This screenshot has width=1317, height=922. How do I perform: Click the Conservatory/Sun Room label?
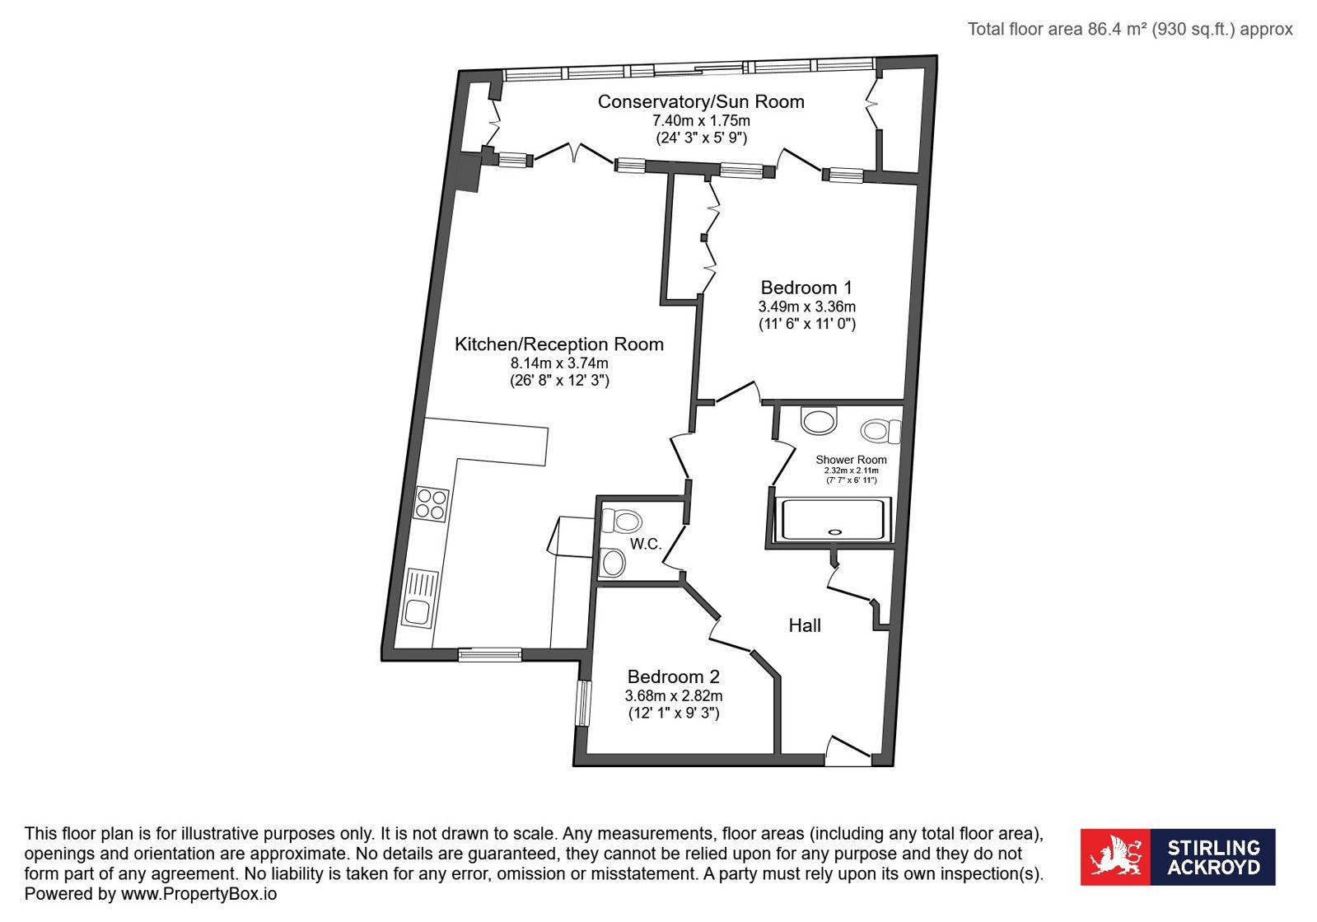[x=701, y=101]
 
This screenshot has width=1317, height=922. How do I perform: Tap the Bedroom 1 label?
[x=806, y=288]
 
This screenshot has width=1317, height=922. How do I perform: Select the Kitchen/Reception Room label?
[x=559, y=344]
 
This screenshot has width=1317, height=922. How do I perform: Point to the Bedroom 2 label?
[x=673, y=676]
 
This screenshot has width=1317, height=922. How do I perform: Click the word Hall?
[x=805, y=625]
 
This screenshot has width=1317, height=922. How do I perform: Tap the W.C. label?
[x=646, y=544]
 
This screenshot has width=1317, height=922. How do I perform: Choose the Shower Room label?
[x=851, y=460]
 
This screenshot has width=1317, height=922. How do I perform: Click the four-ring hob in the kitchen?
[x=431, y=505]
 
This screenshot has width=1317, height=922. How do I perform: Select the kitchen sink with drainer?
[x=420, y=598]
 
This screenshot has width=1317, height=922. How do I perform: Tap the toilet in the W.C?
[x=622, y=521]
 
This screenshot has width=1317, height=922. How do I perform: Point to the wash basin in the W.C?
[x=613, y=563]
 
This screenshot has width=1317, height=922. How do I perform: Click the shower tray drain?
[x=834, y=532]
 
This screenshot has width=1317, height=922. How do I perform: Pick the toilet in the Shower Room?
[x=880, y=431]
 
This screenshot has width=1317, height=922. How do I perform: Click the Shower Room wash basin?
[x=819, y=421]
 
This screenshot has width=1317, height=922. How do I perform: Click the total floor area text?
[x=1130, y=29]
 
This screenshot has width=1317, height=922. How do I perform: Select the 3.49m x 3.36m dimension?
[x=806, y=307]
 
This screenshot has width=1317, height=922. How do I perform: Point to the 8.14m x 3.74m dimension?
[x=559, y=363]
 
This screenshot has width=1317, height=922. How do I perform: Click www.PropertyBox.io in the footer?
[x=198, y=894]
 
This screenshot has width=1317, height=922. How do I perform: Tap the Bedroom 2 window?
[x=582, y=704]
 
